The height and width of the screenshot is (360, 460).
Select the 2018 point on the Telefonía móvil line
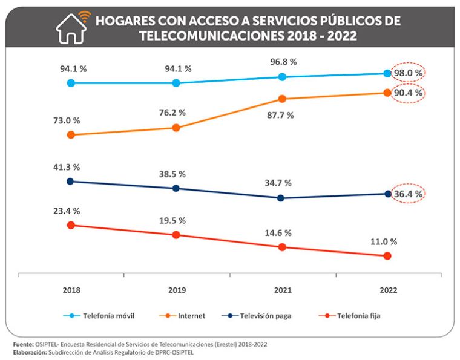pos(71,83)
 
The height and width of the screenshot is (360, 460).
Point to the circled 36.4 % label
pos(408,194)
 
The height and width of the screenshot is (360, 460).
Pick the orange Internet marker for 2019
pos(176,128)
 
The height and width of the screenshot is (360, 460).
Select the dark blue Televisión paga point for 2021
pos(281,198)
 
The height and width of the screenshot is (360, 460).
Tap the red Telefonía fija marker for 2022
pos(387,256)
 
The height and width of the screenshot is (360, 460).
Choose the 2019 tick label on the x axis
pos(176,290)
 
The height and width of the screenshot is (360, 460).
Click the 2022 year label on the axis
pos(387,290)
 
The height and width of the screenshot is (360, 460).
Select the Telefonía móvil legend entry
pos(100,315)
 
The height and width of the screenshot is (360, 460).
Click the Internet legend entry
pos(184,315)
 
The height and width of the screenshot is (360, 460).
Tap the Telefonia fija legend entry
pos(350,315)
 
